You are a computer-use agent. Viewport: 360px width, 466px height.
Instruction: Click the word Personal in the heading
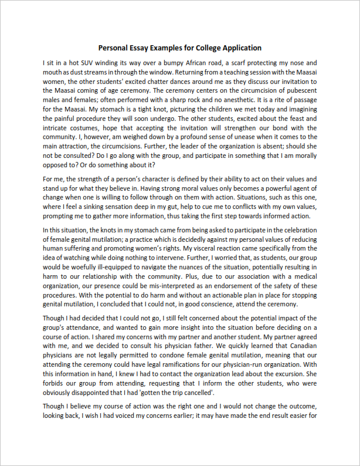114,48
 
